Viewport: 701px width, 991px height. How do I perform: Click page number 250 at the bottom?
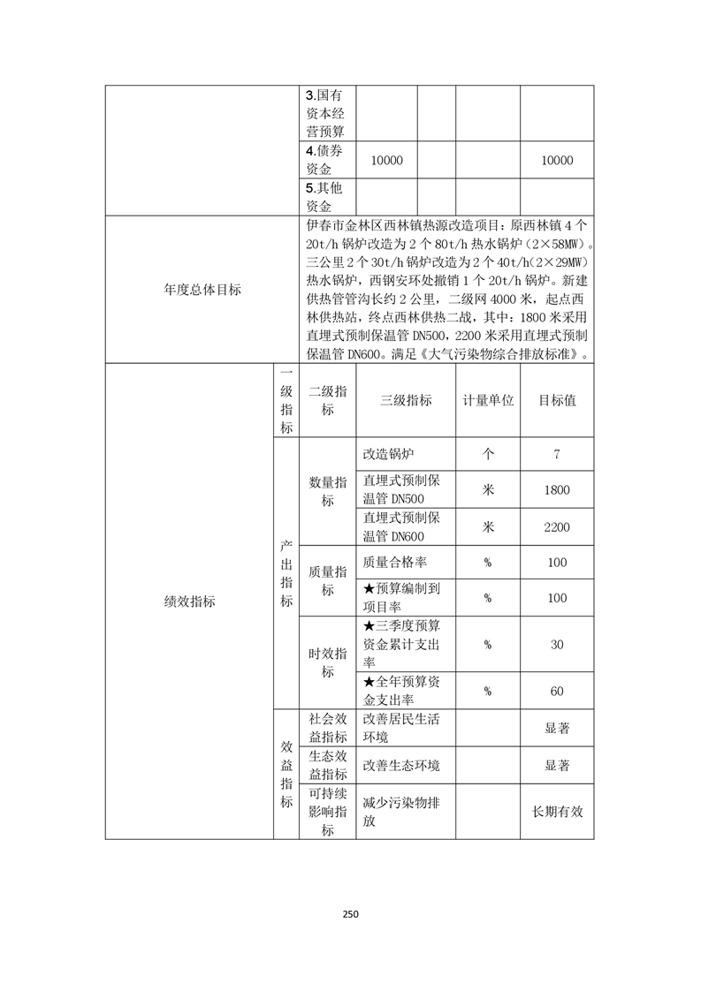(350, 914)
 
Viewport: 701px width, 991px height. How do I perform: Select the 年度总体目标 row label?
(202, 289)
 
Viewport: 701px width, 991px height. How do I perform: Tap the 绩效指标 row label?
(189, 601)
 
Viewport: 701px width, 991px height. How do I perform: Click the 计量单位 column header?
(487, 400)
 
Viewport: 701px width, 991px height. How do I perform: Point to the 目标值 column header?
(557, 400)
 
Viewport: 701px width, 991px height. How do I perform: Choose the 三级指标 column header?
(406, 400)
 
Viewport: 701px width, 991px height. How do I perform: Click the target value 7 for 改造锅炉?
(557, 454)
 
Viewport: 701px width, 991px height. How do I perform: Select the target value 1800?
(557, 490)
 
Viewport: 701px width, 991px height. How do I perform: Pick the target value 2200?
(557, 527)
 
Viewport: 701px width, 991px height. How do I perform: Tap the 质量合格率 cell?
(395, 562)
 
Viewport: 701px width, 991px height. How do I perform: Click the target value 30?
(557, 645)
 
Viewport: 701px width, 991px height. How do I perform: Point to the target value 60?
(557, 691)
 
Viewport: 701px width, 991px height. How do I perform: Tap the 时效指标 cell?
(327, 662)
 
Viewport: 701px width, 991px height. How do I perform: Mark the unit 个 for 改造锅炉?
(487, 454)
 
